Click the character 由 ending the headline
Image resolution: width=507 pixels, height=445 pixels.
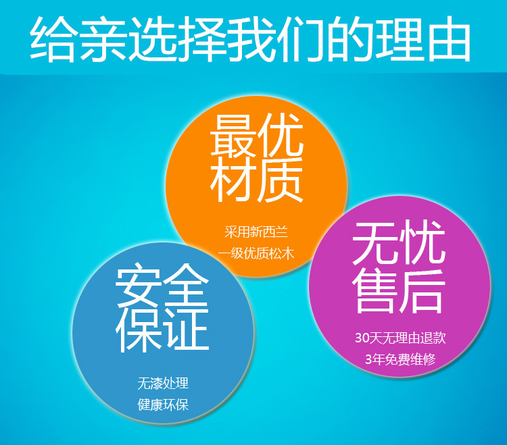pos(449,38)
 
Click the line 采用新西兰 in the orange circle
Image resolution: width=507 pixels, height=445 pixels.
pos(256,232)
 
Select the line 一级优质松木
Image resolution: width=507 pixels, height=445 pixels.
pos(256,253)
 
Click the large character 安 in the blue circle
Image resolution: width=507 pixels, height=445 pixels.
pos(139,285)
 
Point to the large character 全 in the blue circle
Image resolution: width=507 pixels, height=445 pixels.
pos(186,284)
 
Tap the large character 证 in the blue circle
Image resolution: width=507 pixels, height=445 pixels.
pos(186,330)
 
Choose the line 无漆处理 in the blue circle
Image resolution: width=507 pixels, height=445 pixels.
pos(163,384)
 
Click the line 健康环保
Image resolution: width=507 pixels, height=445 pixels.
pos(163,405)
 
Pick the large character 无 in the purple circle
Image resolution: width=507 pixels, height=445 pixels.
pos(375,243)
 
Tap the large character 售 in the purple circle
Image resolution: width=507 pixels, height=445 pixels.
pos(375,291)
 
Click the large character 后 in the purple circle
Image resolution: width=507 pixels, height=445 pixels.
pos(422,292)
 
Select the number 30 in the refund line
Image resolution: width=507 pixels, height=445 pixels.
pos(362,338)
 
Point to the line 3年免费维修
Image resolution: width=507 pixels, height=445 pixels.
pos(400,359)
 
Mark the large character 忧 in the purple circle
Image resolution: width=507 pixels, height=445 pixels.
pos(422,242)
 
